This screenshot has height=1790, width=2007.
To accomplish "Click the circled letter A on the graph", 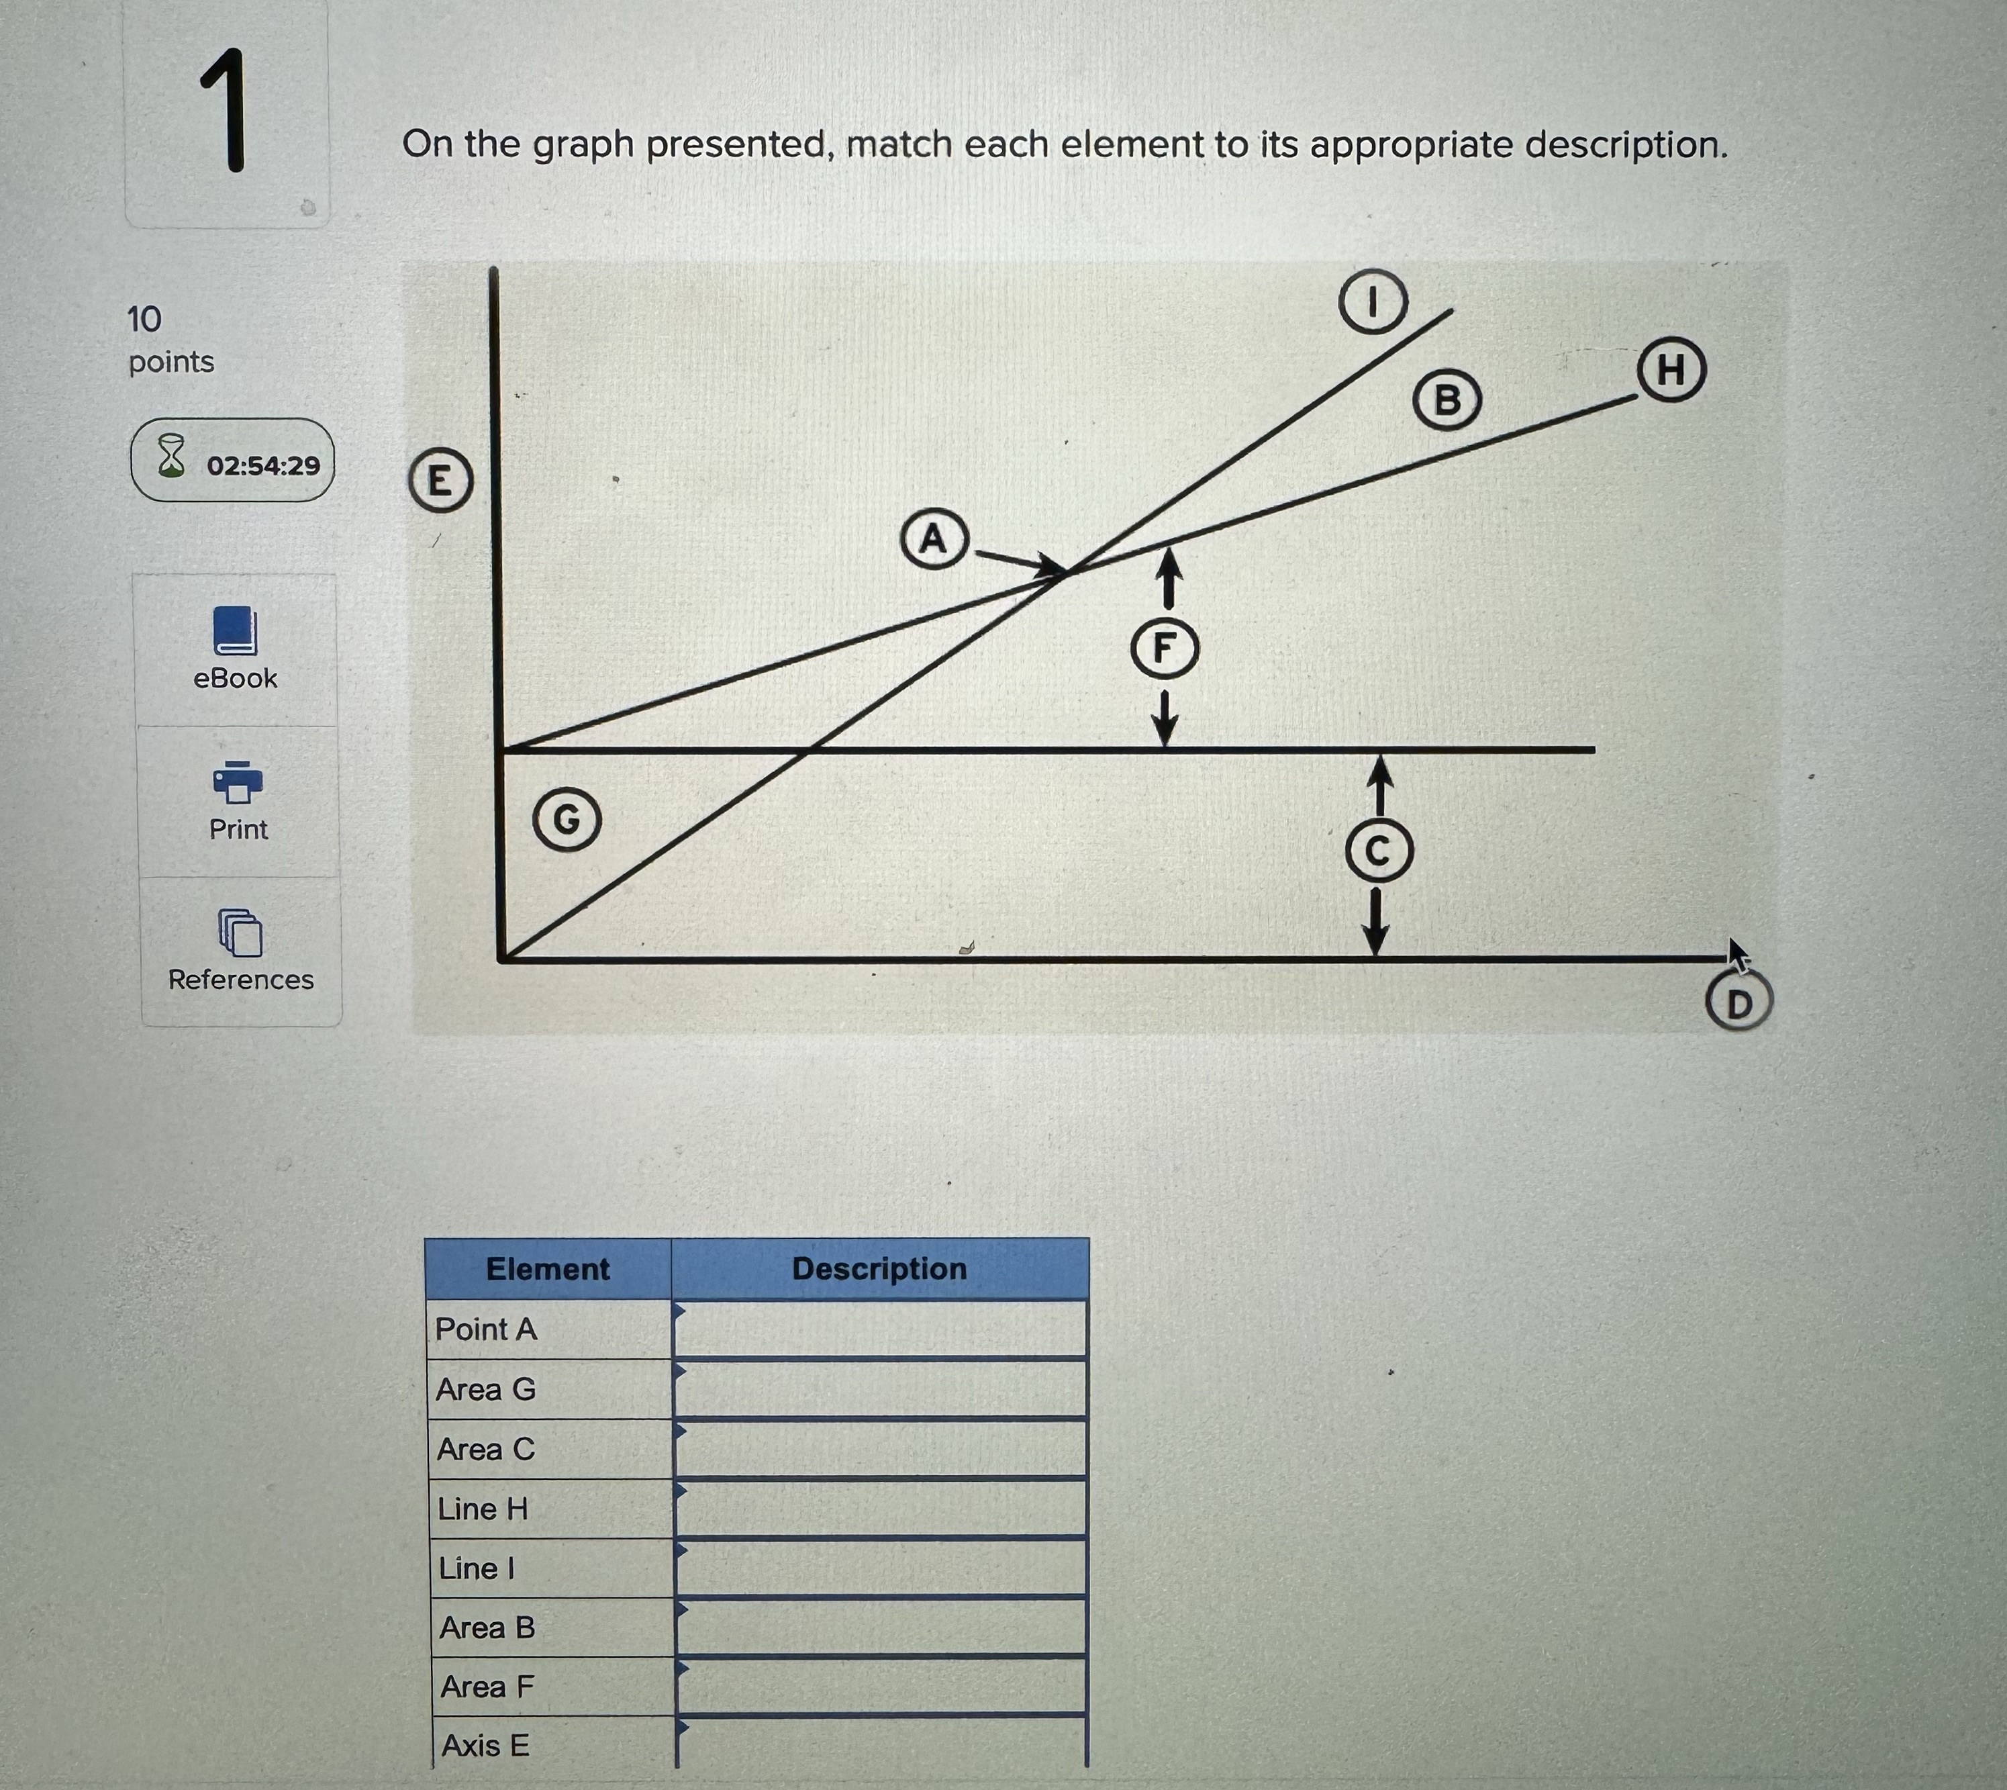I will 933,539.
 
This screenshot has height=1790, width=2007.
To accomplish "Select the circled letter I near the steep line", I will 1373,302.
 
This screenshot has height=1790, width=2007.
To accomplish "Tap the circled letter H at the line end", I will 1671,370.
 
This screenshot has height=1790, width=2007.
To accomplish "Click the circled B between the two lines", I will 1447,400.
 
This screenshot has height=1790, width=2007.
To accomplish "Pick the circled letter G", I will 567,818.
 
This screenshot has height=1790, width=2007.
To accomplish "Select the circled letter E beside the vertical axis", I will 440,481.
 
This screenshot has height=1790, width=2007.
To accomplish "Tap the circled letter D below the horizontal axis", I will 1739,1003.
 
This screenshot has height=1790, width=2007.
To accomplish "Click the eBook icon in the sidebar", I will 235,630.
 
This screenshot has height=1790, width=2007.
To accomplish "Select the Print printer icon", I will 237,782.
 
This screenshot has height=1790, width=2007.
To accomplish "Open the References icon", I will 240,933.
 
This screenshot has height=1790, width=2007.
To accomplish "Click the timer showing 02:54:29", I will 233,461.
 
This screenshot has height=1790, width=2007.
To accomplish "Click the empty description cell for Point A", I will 880,1329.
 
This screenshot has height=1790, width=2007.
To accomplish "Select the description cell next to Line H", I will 880,1509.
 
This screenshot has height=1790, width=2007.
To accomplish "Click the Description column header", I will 879,1269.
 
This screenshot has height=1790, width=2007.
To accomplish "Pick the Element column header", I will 548,1269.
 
